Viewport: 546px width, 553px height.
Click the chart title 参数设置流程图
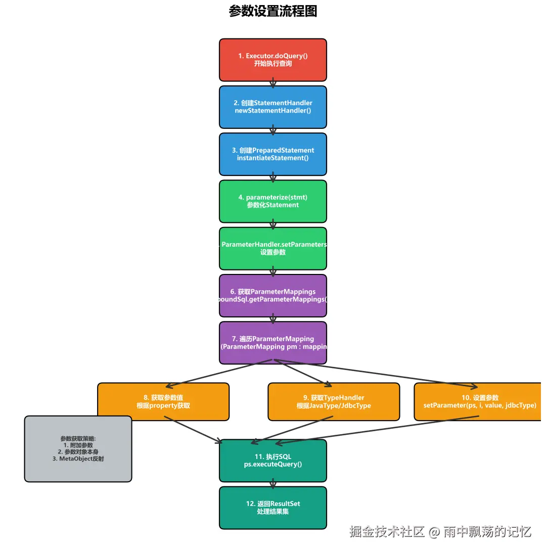[x=273, y=11]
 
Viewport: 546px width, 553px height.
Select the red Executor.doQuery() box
[x=273, y=60]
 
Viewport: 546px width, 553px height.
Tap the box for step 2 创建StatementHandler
[x=273, y=107]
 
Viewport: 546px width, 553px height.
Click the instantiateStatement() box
[x=273, y=154]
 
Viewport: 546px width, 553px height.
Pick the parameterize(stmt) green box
[x=273, y=201]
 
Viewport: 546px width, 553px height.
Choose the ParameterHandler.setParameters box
[x=273, y=248]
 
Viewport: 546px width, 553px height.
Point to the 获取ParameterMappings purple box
[x=273, y=296]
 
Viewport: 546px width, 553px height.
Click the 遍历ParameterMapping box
[x=273, y=343]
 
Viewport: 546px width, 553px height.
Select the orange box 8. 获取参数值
[x=163, y=401]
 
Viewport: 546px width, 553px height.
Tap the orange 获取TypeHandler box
[x=334, y=401]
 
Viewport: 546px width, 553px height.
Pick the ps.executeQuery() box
[x=273, y=460]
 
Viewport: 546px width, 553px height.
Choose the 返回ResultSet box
[x=273, y=508]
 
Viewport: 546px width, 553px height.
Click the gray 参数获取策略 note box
[x=78, y=449]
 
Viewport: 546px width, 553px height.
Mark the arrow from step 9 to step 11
[x=293, y=430]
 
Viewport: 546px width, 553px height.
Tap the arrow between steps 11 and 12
[x=273, y=484]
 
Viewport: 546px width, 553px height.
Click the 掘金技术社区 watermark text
[x=387, y=532]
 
